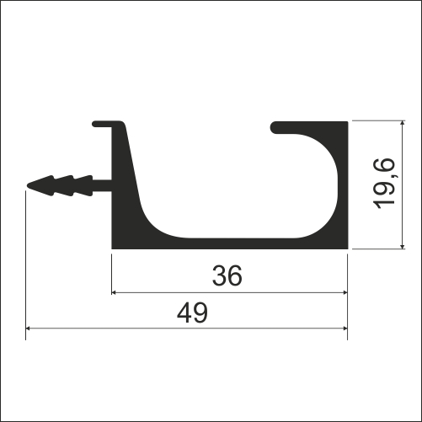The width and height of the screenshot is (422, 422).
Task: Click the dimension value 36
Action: tap(228, 275)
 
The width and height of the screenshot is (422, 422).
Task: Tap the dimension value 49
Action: tap(193, 313)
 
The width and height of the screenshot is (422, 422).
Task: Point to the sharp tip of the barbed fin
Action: tap(29, 185)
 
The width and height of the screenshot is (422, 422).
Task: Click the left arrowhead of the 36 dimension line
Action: tap(116, 292)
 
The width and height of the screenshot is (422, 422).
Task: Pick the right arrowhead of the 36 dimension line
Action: tap(343, 292)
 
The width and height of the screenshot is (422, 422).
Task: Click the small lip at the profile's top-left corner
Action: tap(99, 125)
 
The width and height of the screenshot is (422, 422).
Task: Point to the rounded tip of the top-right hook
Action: tap(275, 128)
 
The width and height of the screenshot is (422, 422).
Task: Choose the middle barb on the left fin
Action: tap(65, 185)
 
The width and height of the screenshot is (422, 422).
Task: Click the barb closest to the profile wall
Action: tap(83, 185)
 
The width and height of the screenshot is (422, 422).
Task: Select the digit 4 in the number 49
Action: tap(184, 313)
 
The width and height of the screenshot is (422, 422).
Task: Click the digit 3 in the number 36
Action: tap(219, 275)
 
